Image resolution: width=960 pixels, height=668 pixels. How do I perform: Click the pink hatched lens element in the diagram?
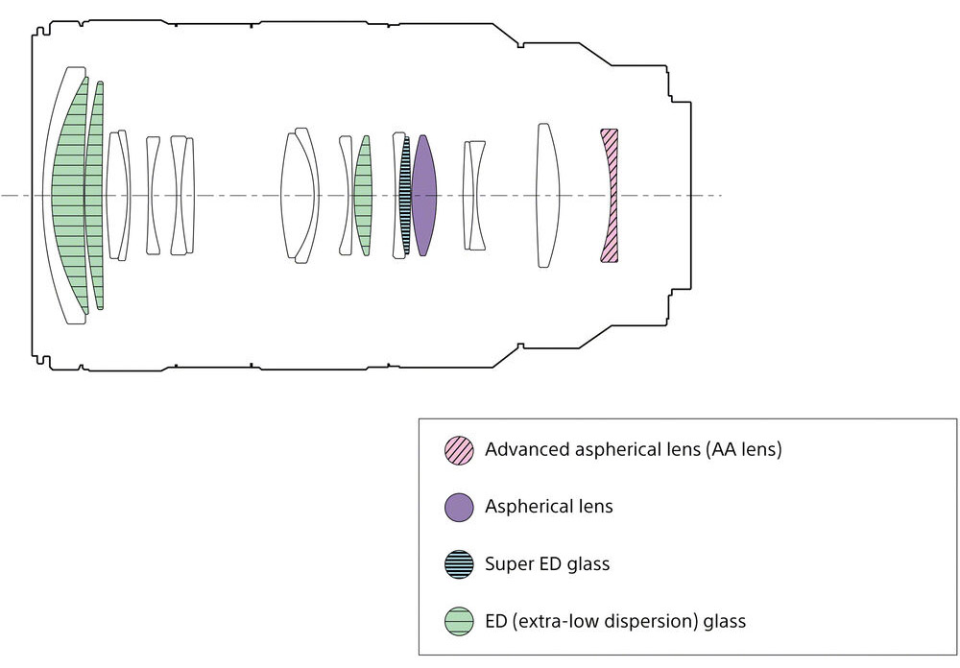[609, 196]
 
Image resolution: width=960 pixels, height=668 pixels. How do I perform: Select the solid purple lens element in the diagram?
[423, 196]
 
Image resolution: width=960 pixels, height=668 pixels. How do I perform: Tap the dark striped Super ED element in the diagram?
[405, 196]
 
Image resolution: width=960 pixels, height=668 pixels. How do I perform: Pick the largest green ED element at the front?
[69, 196]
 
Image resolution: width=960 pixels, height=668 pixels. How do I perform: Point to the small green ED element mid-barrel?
[363, 196]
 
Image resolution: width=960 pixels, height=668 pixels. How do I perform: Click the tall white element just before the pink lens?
[546, 196]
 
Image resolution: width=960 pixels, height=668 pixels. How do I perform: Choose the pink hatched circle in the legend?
[459, 449]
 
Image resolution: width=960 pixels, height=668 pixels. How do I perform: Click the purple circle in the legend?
[459, 507]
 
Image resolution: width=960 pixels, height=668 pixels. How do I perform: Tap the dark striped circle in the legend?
[459, 563]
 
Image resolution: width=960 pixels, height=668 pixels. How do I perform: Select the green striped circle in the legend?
[459, 620]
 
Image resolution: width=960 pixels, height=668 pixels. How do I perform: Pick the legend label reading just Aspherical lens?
[549, 507]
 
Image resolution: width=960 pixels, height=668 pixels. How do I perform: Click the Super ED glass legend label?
[547, 563]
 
